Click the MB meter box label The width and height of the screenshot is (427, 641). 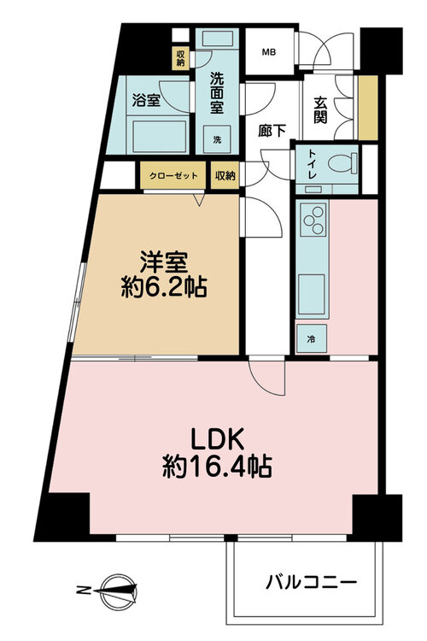pos(268,52)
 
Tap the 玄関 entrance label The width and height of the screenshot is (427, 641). pos(320,109)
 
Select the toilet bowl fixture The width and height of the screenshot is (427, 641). pos(342,163)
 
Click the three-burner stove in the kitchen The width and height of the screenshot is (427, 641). pos(313,220)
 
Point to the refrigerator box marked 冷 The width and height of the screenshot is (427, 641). pos(312,338)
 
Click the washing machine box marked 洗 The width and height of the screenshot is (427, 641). pos(217,139)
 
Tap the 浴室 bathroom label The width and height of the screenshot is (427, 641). pos(146,100)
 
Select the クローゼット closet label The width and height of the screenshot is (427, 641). pos(173,176)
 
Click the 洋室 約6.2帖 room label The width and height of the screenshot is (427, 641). pos(164,274)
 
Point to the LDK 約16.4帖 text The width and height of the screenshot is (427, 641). pos(217,453)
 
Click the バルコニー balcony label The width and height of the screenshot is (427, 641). pos(311,582)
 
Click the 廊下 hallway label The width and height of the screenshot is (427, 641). pos(272,131)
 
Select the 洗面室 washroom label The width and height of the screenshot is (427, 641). pos(217,93)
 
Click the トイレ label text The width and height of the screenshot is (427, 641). pos(313,164)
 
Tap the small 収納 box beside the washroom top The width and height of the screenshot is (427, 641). pos(180,58)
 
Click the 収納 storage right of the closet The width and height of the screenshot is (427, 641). pos(225,176)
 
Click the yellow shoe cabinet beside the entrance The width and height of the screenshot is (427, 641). pos(368,108)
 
